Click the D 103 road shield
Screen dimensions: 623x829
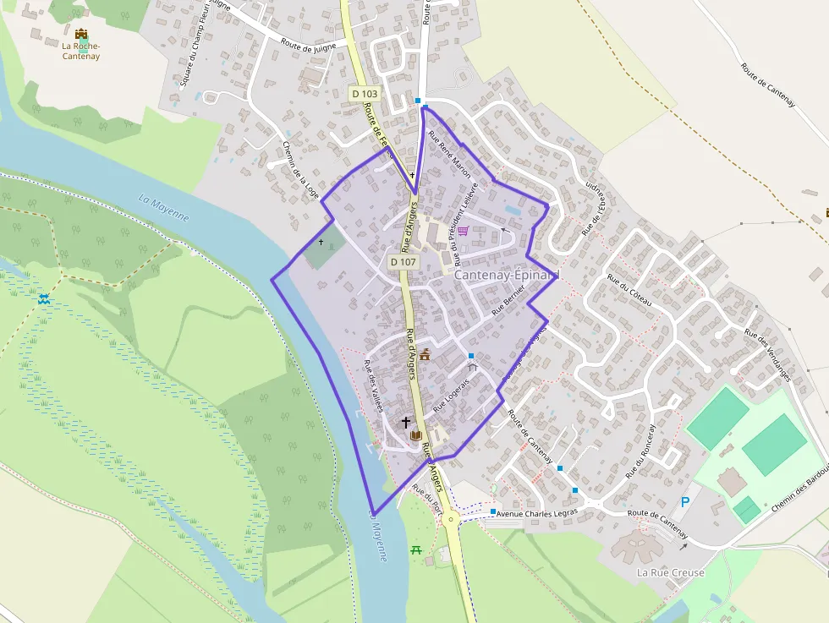(365, 93)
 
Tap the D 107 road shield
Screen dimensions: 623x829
(404, 262)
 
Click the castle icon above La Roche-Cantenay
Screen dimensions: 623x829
(81, 35)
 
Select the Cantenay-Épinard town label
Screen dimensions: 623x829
(508, 276)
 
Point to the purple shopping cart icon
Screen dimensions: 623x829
(464, 230)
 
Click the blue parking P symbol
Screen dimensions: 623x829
(685, 501)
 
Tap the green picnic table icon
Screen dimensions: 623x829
(415, 550)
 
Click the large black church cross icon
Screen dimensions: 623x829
(405, 422)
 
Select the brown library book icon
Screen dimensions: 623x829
(415, 434)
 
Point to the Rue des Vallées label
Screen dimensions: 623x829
(373, 385)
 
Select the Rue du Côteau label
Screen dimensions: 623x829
(630, 292)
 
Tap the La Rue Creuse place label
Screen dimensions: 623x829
(670, 572)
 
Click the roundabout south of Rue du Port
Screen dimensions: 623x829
(452, 519)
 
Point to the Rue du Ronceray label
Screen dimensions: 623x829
(640, 451)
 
